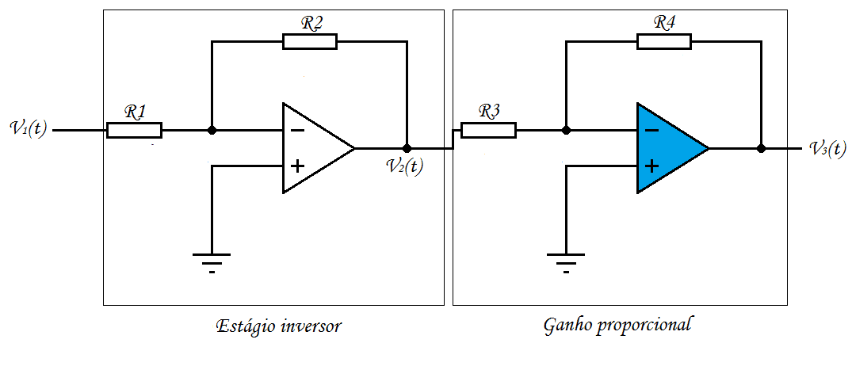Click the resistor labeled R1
pos(134,130)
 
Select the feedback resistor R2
pos(309,42)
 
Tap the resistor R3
pos(488,130)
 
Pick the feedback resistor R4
pos(663,42)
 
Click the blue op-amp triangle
pos(666,148)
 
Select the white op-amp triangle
pos(313,148)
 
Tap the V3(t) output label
pos(827,148)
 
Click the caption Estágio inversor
pos(278,326)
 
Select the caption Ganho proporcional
pos(618,325)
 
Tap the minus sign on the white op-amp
pos(296,131)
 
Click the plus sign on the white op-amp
pos(296,166)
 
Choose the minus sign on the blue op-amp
pos(651,131)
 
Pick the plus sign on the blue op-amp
pos(651,166)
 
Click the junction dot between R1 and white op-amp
pos(212,130)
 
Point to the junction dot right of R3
pos(565,130)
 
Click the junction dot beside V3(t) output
pos(761,148)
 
